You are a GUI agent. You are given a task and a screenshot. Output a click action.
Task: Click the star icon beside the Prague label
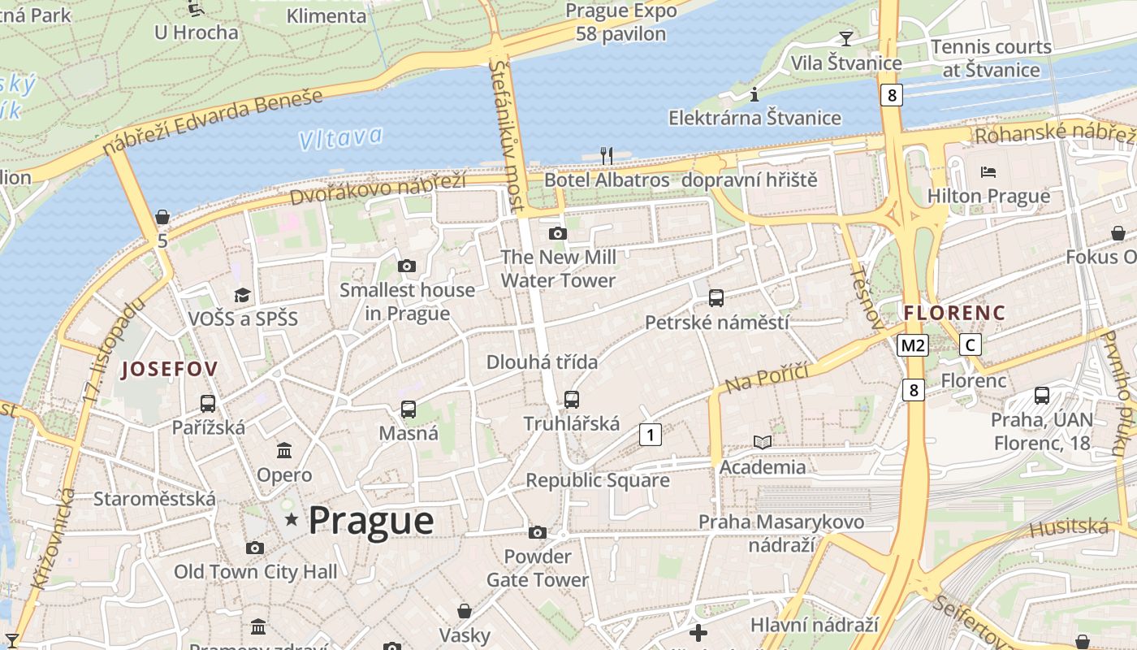pos(291,518)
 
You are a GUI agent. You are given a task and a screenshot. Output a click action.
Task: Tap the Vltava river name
pos(340,137)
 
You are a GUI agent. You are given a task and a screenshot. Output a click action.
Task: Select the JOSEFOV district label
pos(169,370)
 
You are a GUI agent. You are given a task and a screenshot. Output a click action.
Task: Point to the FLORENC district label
pos(954,313)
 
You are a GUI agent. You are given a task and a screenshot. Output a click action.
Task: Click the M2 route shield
pos(913,345)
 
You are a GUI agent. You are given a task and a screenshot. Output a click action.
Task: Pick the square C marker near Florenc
pos(970,345)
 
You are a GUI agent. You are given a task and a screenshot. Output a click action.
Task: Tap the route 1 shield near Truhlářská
pos(650,435)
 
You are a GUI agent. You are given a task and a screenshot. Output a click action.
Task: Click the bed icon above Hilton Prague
pos(988,172)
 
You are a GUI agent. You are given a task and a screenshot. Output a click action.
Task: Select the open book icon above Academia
pos(762,443)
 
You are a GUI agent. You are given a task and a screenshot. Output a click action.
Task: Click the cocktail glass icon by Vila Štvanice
pos(845,38)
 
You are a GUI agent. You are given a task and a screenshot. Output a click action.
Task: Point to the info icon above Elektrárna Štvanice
pos(754,94)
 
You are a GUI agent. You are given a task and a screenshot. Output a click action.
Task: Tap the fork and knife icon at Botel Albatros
pos(606,154)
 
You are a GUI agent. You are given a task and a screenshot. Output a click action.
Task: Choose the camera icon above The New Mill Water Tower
pos(557,234)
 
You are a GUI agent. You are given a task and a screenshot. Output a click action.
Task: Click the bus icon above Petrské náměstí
pos(715,298)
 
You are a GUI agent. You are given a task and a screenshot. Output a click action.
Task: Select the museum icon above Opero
pos(284,450)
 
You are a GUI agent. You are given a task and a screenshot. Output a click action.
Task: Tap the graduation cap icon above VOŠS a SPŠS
pos(242,295)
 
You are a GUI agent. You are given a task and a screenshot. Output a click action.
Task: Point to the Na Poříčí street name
pos(767,378)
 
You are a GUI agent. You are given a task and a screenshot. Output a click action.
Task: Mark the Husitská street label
pos(1069,528)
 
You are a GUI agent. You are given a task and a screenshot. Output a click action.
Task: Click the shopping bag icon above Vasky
pos(465,610)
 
